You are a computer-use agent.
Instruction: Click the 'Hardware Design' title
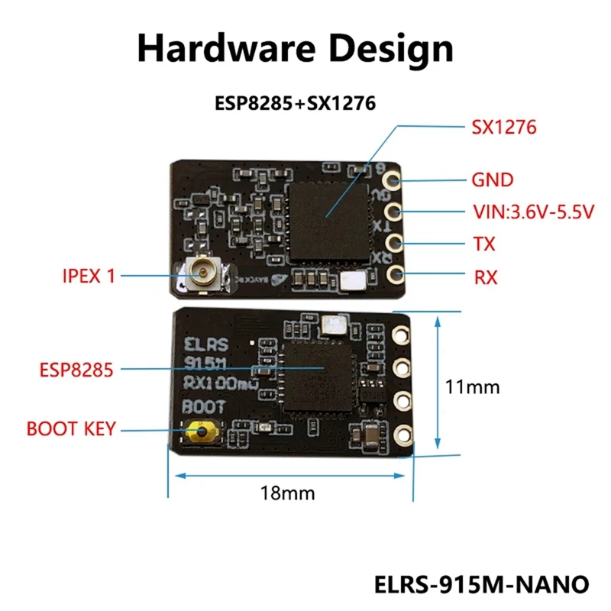(295, 49)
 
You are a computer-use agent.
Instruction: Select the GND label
(492, 181)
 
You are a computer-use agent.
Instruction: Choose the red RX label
(486, 277)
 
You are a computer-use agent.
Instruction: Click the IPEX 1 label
(89, 276)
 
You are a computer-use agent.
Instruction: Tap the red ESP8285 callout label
(76, 370)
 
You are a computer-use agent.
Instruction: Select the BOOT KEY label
(70, 428)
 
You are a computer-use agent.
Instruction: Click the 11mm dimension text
(472, 387)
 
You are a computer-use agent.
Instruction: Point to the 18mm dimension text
(287, 493)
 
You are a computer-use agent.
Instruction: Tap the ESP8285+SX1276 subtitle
(295, 103)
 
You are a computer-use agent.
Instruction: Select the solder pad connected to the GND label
(393, 181)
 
